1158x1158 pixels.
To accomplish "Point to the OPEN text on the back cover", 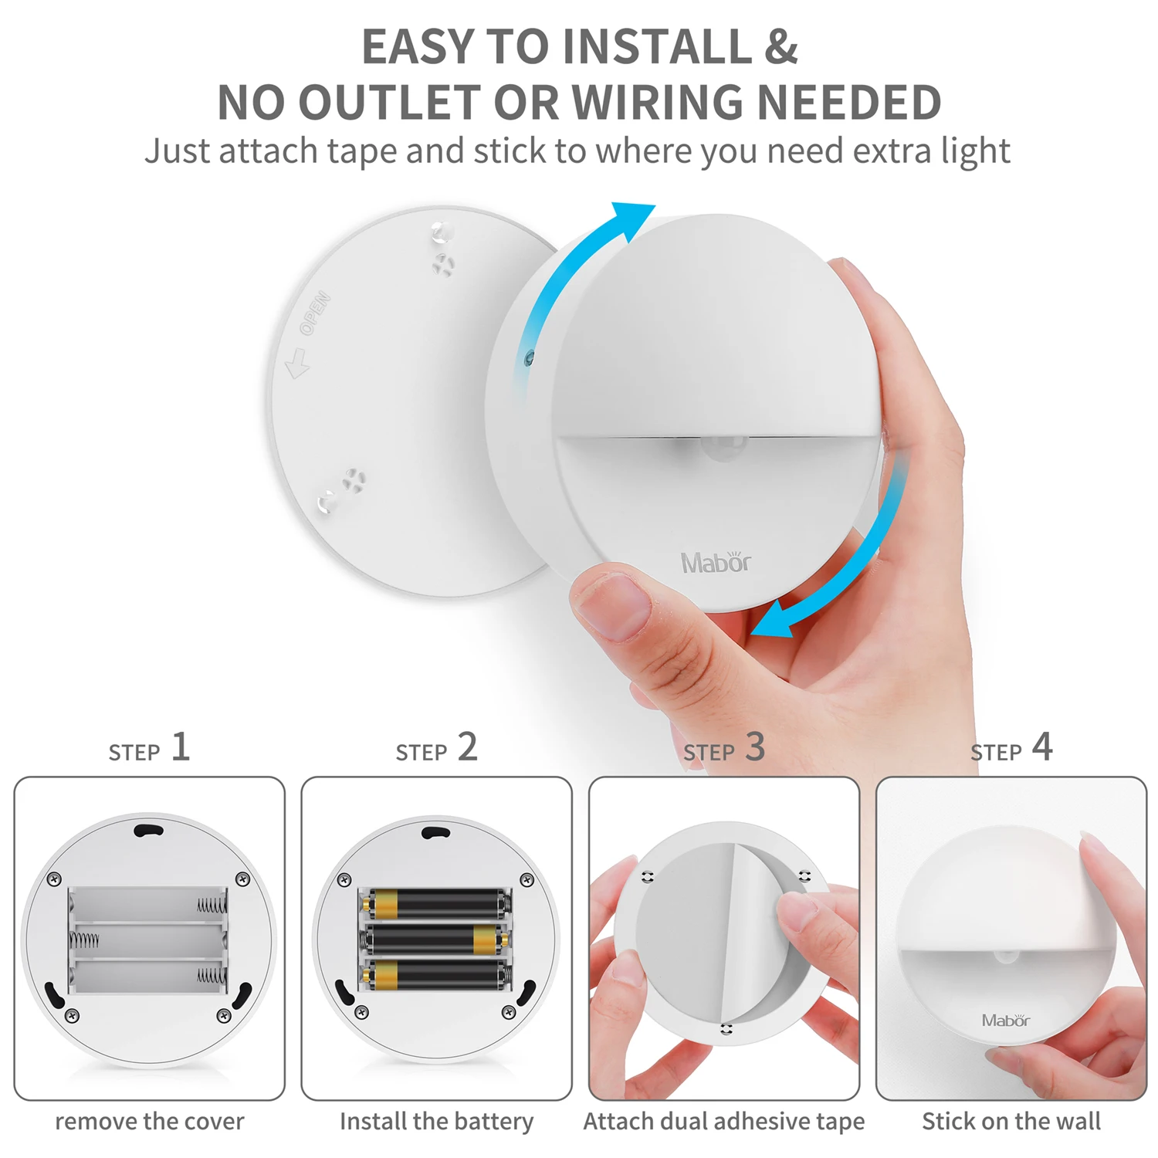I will click(x=315, y=313).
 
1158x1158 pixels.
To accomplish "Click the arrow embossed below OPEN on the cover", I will click(x=297, y=363).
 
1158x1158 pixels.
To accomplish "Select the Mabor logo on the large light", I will click(x=716, y=562).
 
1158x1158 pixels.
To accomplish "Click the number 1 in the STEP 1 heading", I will click(x=180, y=747).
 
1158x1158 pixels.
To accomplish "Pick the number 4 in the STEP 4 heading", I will click(x=1042, y=747).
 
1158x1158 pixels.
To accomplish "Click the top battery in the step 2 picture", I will click(x=437, y=903).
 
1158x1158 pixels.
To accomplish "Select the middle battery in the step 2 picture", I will click(x=437, y=939).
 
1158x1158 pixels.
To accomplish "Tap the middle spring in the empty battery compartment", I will click(x=85, y=940).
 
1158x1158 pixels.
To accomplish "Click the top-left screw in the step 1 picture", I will click(x=55, y=879).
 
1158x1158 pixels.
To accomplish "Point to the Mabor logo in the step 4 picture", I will click(x=1005, y=1021).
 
